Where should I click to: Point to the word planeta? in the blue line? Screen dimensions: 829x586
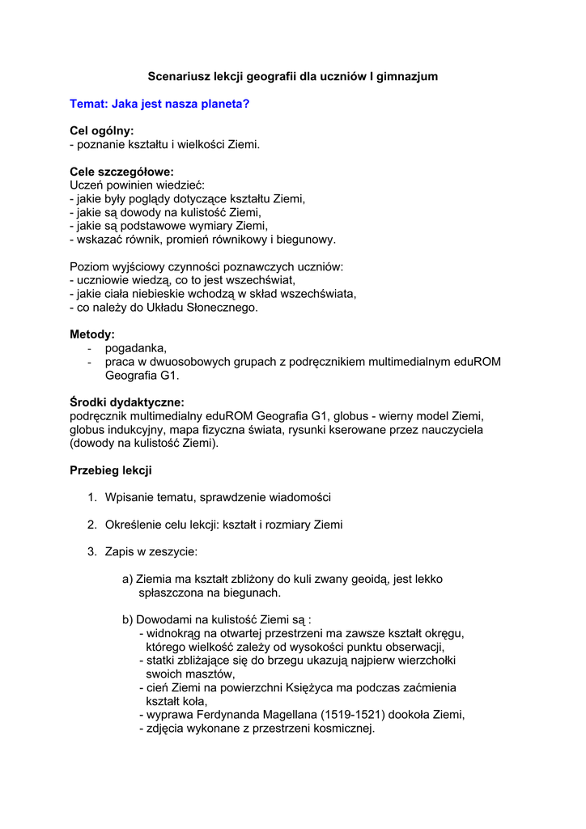click(x=224, y=104)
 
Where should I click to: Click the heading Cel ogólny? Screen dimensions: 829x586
click(x=102, y=130)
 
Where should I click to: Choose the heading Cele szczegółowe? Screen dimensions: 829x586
click(x=122, y=172)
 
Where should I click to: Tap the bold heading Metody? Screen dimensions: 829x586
click(x=92, y=334)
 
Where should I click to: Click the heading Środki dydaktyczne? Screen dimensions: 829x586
click(x=127, y=402)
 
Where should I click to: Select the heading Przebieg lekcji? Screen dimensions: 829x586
click(x=111, y=470)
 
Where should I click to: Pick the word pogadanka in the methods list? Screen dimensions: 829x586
click(x=135, y=348)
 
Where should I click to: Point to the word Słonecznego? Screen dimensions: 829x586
click(x=222, y=308)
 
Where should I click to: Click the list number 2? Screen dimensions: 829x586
click(x=92, y=525)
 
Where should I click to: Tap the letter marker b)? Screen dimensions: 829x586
click(x=128, y=620)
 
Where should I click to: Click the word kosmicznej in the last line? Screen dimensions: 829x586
click(x=345, y=729)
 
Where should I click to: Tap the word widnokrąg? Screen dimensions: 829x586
click(x=175, y=633)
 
